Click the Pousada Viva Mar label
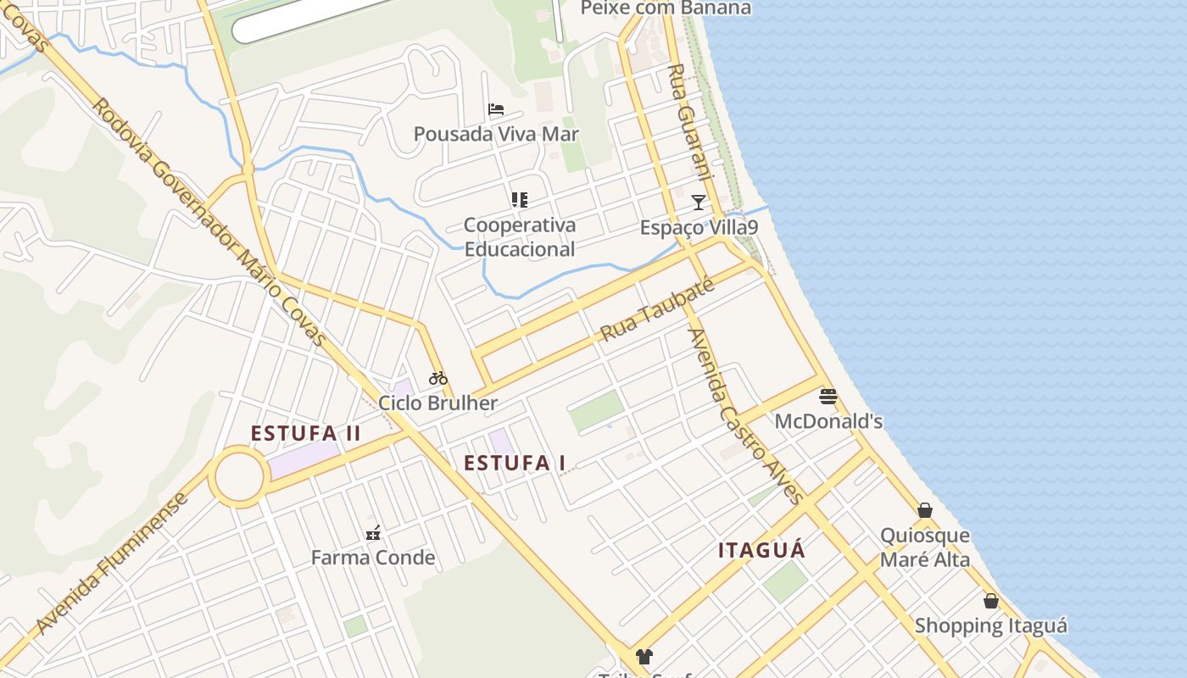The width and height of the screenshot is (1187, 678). (x=496, y=134)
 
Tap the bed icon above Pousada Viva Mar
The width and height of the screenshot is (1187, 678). (x=496, y=109)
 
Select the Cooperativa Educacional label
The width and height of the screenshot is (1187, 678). (x=519, y=237)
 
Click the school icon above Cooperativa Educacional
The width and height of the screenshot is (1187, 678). (x=519, y=200)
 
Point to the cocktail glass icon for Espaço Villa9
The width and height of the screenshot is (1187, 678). (x=698, y=202)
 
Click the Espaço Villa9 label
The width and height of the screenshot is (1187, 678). (x=698, y=228)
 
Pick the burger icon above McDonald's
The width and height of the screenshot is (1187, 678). (x=828, y=396)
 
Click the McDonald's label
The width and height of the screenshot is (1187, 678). (x=828, y=421)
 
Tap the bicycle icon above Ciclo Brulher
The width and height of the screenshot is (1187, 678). (x=437, y=378)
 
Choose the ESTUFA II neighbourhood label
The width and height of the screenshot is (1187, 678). (x=306, y=434)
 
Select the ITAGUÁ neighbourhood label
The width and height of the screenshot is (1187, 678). (x=761, y=551)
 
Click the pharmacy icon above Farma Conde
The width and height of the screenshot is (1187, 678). (x=372, y=533)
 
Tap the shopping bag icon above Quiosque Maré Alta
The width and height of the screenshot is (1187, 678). (x=925, y=510)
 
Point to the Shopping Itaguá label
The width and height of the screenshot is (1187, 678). (x=990, y=626)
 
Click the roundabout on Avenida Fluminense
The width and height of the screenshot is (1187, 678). (x=239, y=477)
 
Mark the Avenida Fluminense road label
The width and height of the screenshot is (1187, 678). (x=112, y=564)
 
